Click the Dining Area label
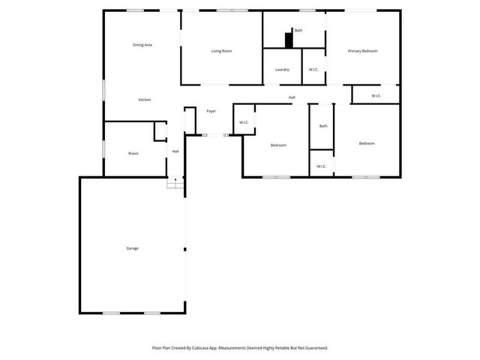click(142, 45)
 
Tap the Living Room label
click(221, 51)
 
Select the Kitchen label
click(145, 100)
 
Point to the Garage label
click(132, 248)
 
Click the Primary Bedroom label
click(362, 51)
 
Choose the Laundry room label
click(282, 70)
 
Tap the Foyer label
click(211, 111)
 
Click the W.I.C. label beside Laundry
click(313, 70)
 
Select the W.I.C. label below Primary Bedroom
click(376, 95)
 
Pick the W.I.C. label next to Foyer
click(244, 122)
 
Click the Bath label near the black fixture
click(298, 31)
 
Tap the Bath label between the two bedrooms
click(323, 126)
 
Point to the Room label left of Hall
click(133, 153)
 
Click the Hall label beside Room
click(175, 151)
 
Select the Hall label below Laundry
click(292, 97)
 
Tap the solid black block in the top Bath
click(288, 39)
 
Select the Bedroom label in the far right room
click(367, 143)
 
